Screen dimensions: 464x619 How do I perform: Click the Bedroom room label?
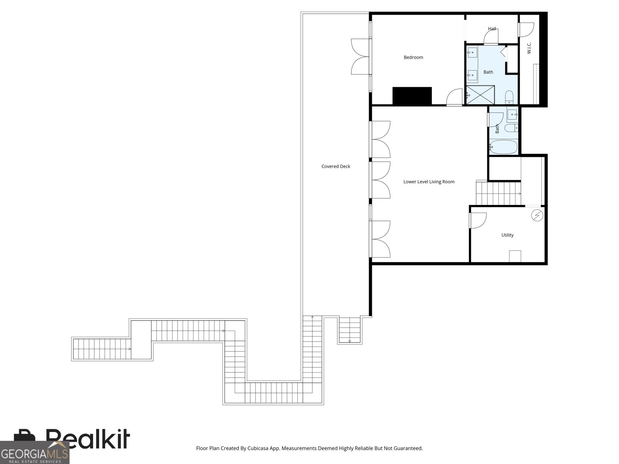[x=413, y=58]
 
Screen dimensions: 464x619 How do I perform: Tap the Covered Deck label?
[x=336, y=167]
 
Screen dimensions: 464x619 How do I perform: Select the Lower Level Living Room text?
[x=429, y=182]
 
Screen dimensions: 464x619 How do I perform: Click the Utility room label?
[x=507, y=235]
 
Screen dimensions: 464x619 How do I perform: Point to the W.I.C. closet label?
[x=529, y=48]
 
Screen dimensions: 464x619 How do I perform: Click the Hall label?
[x=492, y=29]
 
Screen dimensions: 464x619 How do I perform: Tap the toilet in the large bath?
[x=509, y=96]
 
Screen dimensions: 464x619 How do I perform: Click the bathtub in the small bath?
[x=503, y=147]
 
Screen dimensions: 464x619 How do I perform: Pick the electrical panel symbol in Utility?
[x=537, y=215]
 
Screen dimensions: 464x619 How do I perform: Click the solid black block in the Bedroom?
[x=412, y=96]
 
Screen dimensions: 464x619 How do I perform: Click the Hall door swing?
[x=491, y=38]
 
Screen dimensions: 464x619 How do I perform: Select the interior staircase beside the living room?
[x=498, y=193]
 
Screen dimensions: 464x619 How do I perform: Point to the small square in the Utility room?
[x=515, y=256]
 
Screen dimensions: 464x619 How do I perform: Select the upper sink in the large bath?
[x=472, y=52]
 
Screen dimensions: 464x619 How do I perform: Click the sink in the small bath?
[x=512, y=114]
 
